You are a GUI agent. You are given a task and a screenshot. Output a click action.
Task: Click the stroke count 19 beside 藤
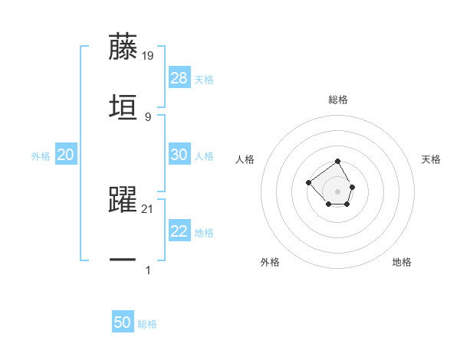(148, 55)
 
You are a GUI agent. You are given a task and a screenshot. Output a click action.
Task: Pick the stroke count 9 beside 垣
(147, 116)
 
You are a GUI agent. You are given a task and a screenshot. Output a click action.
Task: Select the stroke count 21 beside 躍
(148, 208)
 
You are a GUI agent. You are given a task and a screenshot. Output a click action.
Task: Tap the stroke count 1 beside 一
(147, 270)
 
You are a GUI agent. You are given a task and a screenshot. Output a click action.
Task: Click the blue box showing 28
(179, 78)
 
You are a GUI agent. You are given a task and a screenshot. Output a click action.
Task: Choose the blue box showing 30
(179, 155)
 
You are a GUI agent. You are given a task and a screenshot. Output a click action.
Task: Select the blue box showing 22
(179, 231)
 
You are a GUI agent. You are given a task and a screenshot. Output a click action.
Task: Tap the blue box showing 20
(65, 155)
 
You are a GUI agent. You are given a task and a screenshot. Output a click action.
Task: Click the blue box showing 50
(123, 322)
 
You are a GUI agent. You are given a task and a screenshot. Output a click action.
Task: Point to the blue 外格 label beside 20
(41, 156)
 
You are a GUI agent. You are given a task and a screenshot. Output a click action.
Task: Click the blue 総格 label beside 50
(147, 324)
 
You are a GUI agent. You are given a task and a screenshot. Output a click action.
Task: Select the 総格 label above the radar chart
(338, 100)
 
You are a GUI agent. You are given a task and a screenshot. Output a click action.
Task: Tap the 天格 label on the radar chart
(431, 159)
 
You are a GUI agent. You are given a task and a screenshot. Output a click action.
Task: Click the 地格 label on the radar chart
(402, 262)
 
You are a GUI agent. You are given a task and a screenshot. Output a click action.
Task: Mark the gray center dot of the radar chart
(338, 191)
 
